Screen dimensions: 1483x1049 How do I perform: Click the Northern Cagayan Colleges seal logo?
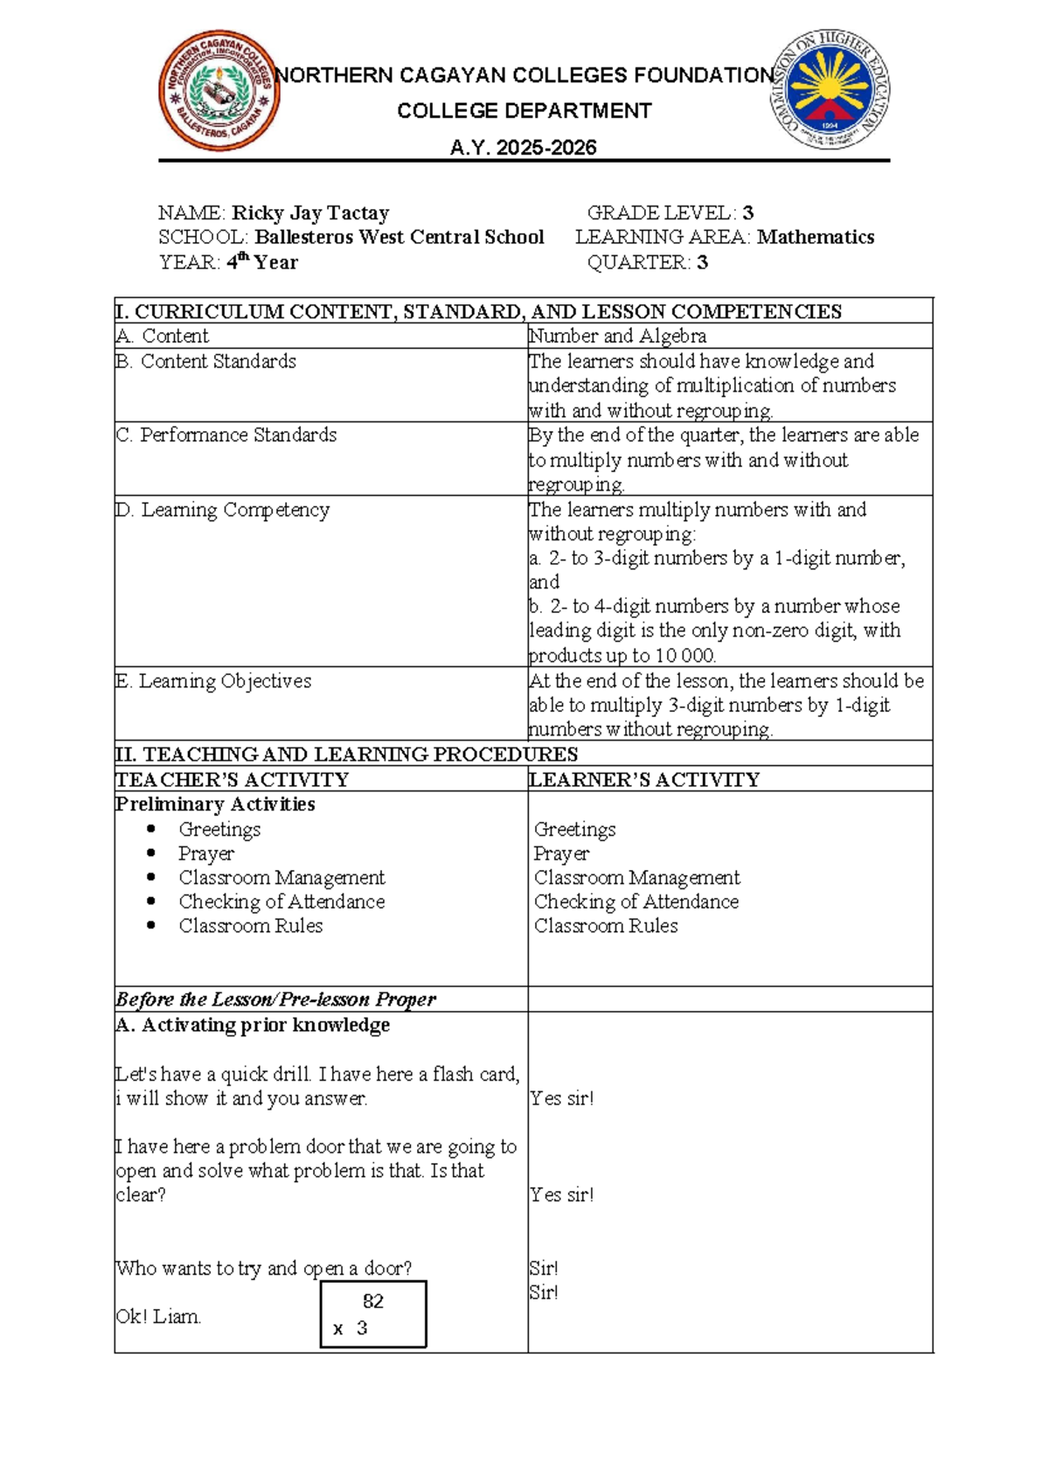coord(219,91)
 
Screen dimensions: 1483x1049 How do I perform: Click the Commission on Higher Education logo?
coord(830,89)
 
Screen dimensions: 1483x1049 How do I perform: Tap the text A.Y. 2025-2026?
coord(523,148)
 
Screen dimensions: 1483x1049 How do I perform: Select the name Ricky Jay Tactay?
coord(309,212)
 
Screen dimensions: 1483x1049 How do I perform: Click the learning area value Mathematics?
coord(815,237)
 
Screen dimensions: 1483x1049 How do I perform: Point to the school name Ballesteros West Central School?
coord(399,237)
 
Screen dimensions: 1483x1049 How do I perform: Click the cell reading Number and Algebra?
coord(617,336)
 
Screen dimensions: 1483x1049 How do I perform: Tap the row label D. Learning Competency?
coord(223,510)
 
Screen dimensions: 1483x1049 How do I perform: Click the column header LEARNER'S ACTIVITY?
coord(644,779)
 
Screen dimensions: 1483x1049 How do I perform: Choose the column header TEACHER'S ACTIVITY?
coord(233,779)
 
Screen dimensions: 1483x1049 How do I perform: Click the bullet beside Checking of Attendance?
coord(152,901)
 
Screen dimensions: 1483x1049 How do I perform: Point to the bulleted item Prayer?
coord(206,853)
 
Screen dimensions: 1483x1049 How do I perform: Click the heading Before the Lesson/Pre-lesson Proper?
coord(275,999)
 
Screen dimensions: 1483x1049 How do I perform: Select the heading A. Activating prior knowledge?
coord(253,1025)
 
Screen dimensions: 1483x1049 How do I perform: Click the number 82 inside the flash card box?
coord(373,1301)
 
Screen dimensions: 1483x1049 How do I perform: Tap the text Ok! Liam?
coord(158,1316)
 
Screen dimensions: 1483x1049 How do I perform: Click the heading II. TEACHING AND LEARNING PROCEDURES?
coord(346,754)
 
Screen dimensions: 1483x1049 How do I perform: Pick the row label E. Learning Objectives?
coord(213,680)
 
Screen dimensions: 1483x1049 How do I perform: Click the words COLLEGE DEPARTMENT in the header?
coord(524,111)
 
